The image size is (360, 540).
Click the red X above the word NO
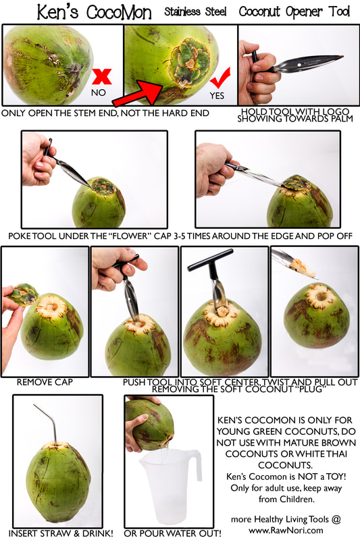click(x=102, y=77)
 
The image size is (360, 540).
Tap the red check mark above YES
click(x=220, y=79)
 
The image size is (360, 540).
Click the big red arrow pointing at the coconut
click(x=138, y=93)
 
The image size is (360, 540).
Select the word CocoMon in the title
click(x=118, y=12)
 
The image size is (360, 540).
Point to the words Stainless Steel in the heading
click(x=195, y=11)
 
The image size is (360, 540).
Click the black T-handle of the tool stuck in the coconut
click(x=210, y=261)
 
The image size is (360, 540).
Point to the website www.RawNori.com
click(x=286, y=530)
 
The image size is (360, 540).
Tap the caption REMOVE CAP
click(x=45, y=382)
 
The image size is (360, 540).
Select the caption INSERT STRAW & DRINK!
click(x=61, y=533)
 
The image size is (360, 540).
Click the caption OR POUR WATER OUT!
click(x=173, y=533)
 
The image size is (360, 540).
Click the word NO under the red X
click(x=98, y=92)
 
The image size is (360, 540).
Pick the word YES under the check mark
click(x=217, y=95)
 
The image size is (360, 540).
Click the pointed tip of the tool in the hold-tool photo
click(x=342, y=57)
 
